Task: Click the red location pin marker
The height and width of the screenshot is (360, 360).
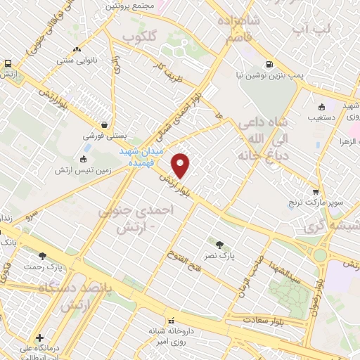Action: (181, 165)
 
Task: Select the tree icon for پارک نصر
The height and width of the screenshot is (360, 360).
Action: (221, 245)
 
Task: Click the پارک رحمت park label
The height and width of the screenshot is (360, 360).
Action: (43, 267)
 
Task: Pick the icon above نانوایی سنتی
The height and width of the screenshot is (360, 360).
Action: (77, 51)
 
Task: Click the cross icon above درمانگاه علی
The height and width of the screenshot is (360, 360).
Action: (39, 337)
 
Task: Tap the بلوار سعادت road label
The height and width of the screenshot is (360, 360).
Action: (263, 320)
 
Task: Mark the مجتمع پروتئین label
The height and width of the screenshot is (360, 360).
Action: (130, 6)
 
